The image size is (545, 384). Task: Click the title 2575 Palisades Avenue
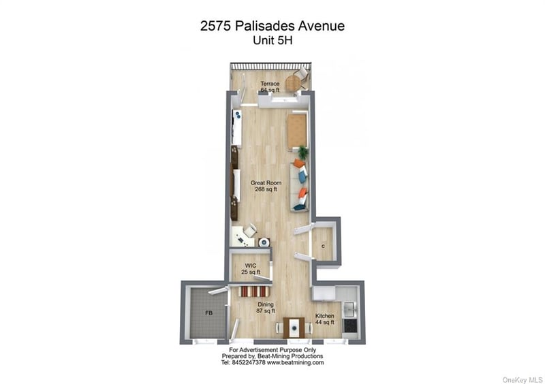[x=272, y=26]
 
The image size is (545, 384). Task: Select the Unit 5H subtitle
[x=272, y=41]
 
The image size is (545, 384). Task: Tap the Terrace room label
[x=270, y=84]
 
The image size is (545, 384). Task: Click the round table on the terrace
[x=293, y=83]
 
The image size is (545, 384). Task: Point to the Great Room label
[x=266, y=182]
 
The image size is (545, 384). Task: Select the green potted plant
[x=303, y=153]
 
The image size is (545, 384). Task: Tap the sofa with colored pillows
[x=300, y=187]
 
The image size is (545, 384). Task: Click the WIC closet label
[x=250, y=266]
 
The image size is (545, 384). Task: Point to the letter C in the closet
[x=323, y=246]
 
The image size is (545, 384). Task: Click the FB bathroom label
[x=208, y=313]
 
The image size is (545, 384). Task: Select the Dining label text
[x=266, y=304]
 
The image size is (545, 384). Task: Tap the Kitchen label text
[x=325, y=316]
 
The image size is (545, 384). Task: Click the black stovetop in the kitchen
[x=349, y=325]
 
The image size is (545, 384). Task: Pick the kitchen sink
[x=349, y=309]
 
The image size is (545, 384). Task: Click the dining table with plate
[x=294, y=327]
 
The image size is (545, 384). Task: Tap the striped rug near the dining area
[x=254, y=291]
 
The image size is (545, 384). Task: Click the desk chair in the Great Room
[x=250, y=230]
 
